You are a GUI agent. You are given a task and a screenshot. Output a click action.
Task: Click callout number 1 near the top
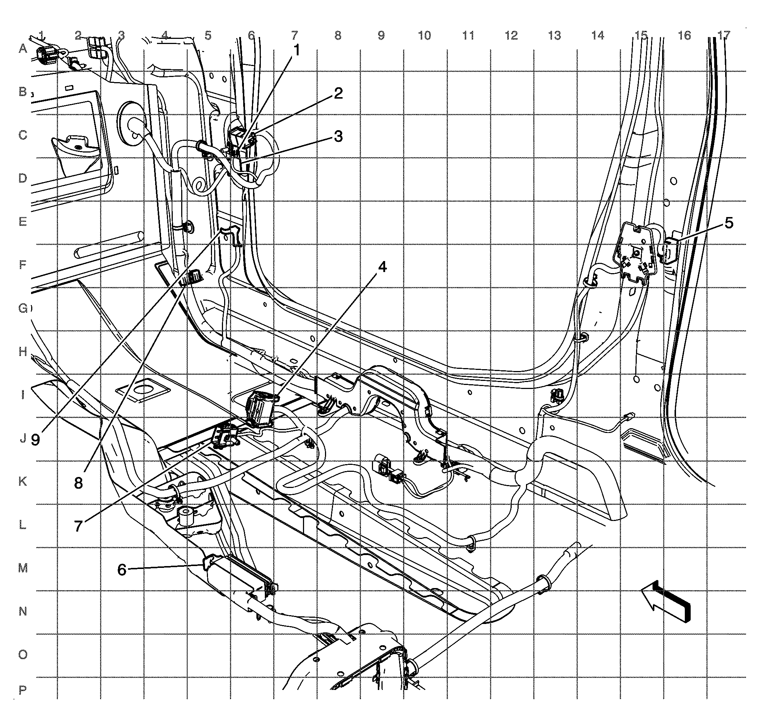coord(296,50)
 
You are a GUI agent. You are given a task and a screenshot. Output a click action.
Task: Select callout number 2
coord(339,93)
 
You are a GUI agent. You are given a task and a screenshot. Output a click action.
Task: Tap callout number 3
coord(339,136)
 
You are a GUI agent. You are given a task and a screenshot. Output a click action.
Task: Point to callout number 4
coord(382,267)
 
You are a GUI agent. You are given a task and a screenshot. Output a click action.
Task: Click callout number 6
coord(122,570)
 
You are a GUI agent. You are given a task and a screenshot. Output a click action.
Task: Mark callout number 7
coord(79,526)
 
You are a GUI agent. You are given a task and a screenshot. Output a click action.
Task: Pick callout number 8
coord(79,483)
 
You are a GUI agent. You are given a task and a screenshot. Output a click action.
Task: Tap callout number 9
coord(35,440)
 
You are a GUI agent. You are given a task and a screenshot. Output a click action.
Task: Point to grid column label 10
coord(425,36)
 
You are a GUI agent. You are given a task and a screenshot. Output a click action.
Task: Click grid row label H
coord(23,352)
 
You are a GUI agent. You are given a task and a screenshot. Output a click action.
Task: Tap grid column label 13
coord(555,36)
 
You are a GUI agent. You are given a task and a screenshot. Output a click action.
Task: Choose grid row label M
coord(23,569)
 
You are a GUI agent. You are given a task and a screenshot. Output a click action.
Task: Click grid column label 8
coord(338,36)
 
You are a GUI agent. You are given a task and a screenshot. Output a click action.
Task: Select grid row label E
coord(23,222)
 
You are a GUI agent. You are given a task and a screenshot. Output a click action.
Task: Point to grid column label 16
coord(685,36)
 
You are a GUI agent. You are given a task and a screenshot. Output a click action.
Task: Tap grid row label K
coord(23,482)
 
